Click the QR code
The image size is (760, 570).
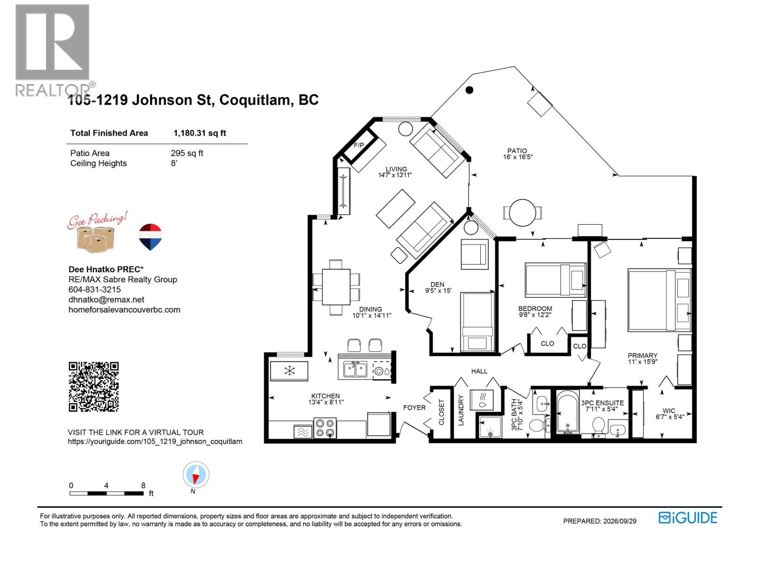[x=94, y=387]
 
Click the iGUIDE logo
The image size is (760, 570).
[x=688, y=518]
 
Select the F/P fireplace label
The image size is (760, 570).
[x=359, y=145]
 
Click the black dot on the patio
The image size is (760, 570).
[x=469, y=90]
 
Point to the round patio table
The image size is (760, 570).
[x=522, y=212]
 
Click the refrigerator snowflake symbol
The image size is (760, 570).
[x=289, y=371]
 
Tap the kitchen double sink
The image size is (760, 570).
[x=355, y=369]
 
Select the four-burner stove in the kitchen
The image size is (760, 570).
[x=325, y=428]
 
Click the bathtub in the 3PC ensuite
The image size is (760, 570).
[x=568, y=412]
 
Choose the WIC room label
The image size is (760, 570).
[x=669, y=410]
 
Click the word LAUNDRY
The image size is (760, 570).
[x=461, y=410]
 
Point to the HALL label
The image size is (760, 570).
[x=479, y=371]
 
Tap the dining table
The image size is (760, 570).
[x=336, y=287]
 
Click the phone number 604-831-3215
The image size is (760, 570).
[x=95, y=289]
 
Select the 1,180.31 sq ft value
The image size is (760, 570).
[x=200, y=133]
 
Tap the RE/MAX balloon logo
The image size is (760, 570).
[x=150, y=237]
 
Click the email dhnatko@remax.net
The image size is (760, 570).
[x=106, y=299]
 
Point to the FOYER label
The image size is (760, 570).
[x=414, y=408]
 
